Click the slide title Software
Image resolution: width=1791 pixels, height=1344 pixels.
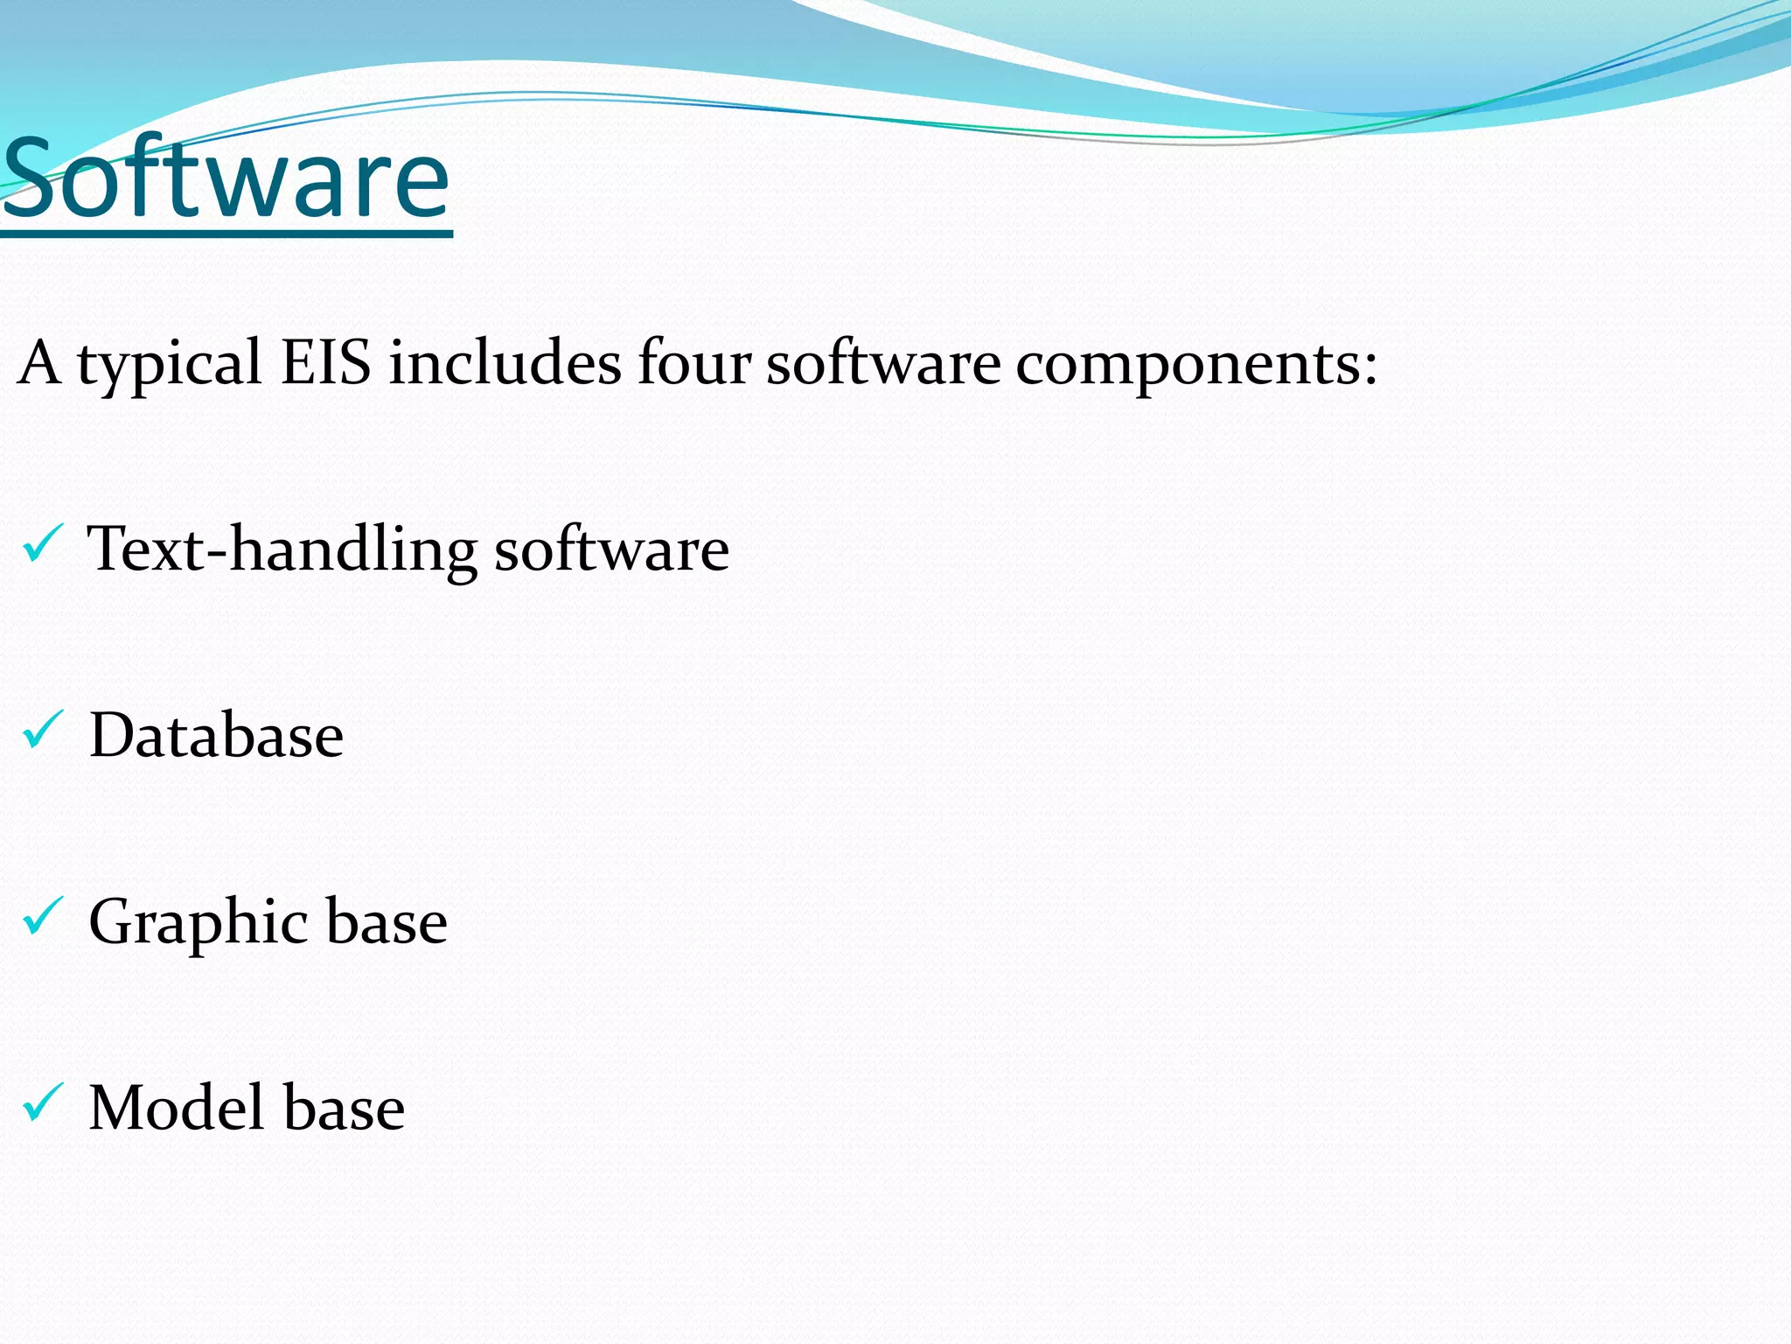226,179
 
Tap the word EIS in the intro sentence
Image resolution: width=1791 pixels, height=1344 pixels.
325,363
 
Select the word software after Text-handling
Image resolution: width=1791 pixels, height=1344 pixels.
611,549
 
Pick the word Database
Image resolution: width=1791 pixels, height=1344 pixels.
216,735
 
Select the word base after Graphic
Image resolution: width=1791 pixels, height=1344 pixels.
387,921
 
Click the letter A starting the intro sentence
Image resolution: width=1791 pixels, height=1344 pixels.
38,363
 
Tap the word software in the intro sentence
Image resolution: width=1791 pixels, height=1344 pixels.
883,363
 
